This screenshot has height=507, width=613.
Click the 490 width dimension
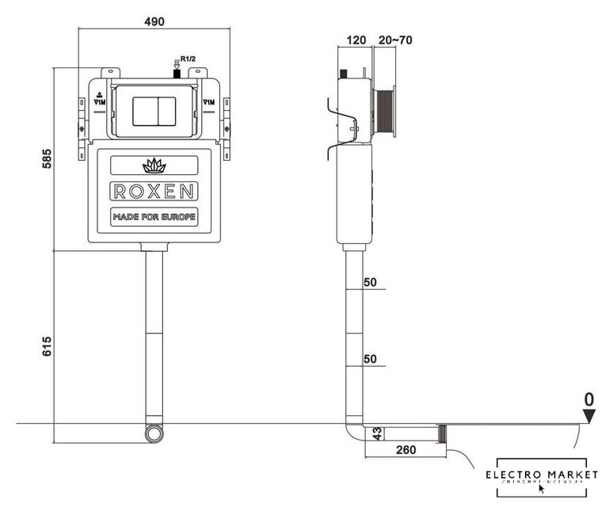click(x=154, y=21)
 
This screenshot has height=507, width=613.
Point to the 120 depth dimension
click(x=356, y=40)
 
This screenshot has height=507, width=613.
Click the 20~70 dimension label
click(x=396, y=40)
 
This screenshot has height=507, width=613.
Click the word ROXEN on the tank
click(x=153, y=193)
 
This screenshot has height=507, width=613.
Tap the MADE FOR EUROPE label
click(x=153, y=217)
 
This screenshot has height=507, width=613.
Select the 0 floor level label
click(x=588, y=398)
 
